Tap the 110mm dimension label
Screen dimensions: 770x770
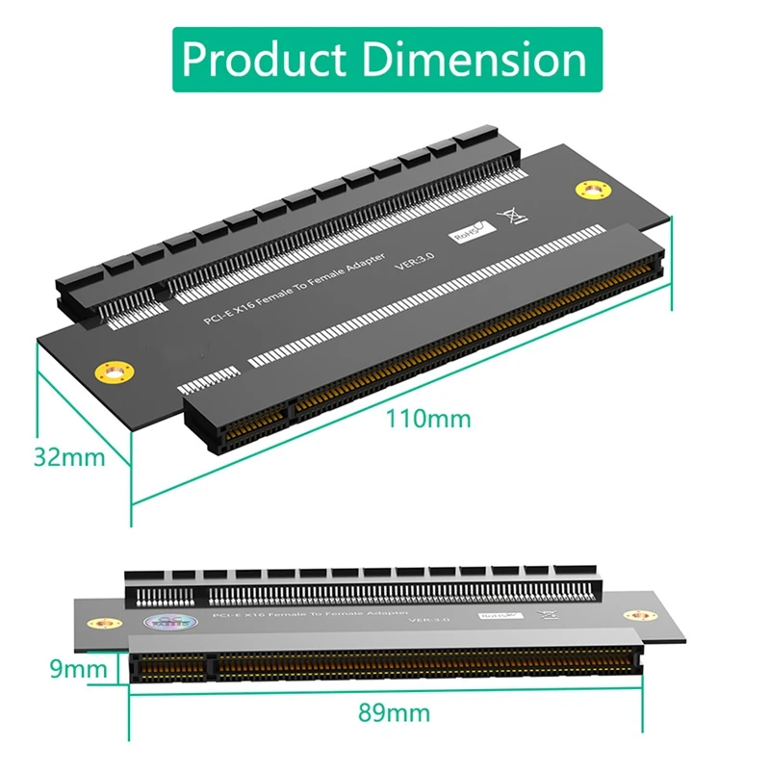(429, 419)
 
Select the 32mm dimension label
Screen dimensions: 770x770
(68, 455)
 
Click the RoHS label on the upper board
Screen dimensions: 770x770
(468, 229)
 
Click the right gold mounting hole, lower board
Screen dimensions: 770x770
(635, 616)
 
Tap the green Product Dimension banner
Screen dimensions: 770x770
(385, 59)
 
